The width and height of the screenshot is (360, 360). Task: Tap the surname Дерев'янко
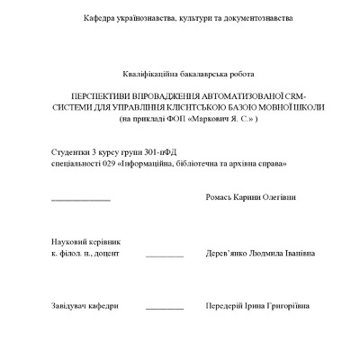coord(232,254)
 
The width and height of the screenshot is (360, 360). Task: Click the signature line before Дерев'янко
coord(164,256)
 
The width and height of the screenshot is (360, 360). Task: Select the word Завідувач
coord(71,306)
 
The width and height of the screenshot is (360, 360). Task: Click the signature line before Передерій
coord(164,309)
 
